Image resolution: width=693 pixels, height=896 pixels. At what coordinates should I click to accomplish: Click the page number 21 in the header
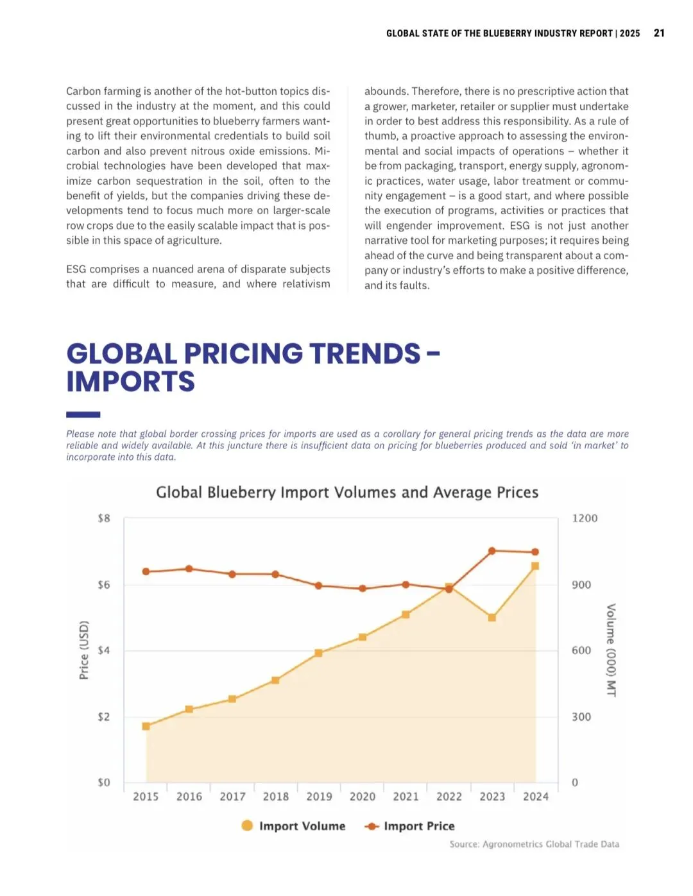point(659,33)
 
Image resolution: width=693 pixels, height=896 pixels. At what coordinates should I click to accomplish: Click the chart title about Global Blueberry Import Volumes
point(347,492)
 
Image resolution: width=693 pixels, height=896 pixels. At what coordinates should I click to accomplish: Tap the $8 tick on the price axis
point(104,518)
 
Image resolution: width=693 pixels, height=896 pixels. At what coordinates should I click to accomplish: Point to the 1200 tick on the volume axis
point(585,518)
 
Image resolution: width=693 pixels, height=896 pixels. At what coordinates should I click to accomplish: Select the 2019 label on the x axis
point(319,797)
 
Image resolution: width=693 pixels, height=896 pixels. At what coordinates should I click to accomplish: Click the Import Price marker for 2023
point(492,551)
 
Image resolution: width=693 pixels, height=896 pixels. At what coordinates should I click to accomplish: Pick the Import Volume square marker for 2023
point(492,618)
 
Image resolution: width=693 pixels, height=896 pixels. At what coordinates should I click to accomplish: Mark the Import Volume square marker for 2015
point(146,726)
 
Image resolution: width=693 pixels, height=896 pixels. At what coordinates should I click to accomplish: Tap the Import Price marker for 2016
point(189,569)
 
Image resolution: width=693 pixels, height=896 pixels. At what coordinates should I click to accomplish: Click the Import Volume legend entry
point(293,826)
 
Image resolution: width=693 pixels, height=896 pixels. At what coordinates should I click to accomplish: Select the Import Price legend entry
point(410,826)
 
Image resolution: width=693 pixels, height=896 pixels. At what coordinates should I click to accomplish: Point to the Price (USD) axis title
point(84,650)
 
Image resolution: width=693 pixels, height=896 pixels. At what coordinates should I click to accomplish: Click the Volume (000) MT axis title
point(611,650)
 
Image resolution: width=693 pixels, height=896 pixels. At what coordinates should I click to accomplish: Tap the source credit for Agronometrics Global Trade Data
point(535,844)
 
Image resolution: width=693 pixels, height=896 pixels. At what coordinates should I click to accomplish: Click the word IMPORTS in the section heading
point(131,382)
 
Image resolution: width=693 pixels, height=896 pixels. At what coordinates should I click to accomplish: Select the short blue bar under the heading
point(83,415)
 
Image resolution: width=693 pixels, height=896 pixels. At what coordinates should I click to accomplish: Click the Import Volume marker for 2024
point(535,566)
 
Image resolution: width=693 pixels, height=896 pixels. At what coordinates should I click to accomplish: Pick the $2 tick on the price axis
point(104,716)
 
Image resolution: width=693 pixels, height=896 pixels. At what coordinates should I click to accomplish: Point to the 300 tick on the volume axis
point(581,716)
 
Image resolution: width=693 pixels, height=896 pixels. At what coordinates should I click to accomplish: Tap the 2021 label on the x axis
point(406,797)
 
